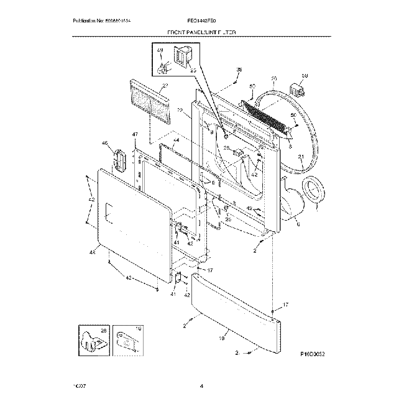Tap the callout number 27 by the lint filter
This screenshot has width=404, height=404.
pyautogui.click(x=165, y=86)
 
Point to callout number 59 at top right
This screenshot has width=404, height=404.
pyautogui.click(x=305, y=76)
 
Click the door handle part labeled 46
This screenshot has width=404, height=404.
pyautogui.click(x=118, y=158)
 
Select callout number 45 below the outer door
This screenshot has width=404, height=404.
pyautogui.click(x=93, y=252)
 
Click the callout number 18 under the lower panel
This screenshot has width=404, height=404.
pyautogui.click(x=222, y=339)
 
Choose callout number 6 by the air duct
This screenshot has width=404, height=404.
pyautogui.click(x=298, y=224)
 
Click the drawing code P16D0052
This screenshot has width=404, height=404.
pyautogui.click(x=313, y=354)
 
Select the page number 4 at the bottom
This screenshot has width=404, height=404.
pyautogui.click(x=202, y=388)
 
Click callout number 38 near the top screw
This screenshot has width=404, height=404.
pyautogui.click(x=240, y=70)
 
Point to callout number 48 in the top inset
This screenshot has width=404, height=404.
pyautogui.click(x=160, y=50)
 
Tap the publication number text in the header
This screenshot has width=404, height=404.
pyautogui.click(x=103, y=21)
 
